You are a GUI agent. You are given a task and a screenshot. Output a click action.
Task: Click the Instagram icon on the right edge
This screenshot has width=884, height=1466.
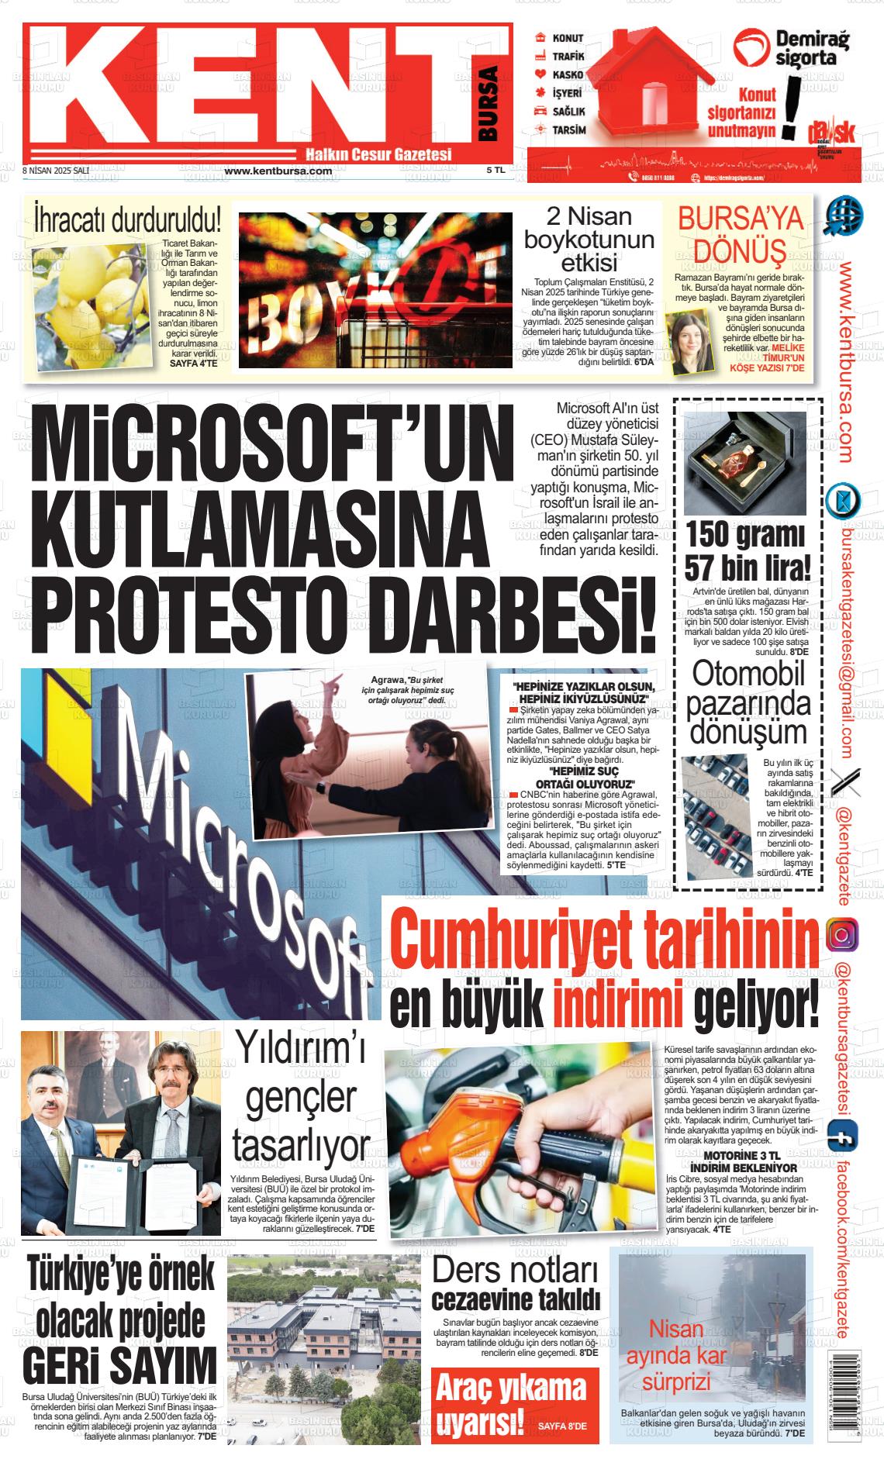pyautogui.click(x=842, y=934)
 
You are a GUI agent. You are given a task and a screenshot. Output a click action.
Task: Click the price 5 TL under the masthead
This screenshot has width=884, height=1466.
pyautogui.click(x=496, y=170)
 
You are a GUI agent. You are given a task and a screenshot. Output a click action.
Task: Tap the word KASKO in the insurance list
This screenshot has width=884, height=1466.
pyautogui.click(x=568, y=74)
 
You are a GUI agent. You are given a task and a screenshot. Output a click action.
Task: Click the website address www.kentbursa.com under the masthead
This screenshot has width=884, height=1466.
pyautogui.click(x=278, y=171)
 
